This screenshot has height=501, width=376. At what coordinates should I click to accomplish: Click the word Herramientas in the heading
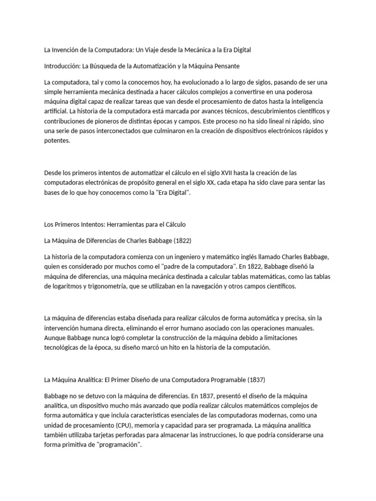124,225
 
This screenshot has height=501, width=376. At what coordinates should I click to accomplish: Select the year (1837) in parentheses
257,380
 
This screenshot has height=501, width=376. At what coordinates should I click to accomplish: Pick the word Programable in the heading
227,380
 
